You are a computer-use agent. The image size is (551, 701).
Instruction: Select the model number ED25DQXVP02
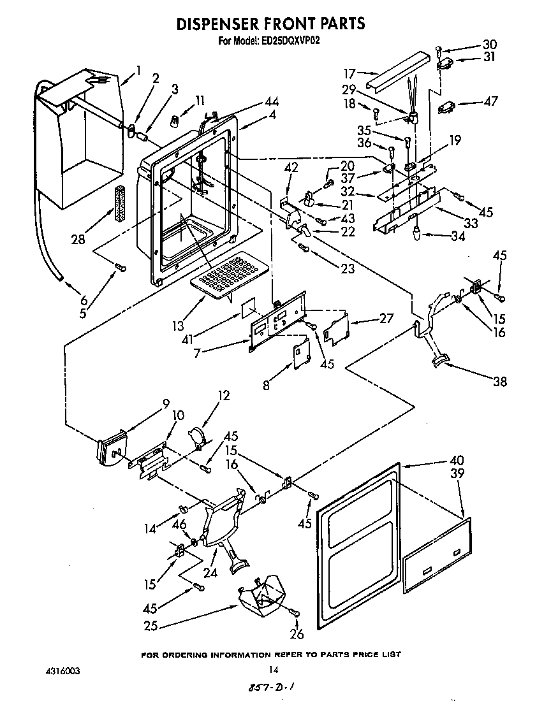pyautogui.click(x=291, y=41)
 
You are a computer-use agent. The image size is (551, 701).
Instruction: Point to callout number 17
pyautogui.click(x=350, y=73)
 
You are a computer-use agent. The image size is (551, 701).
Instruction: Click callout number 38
pyautogui.click(x=500, y=382)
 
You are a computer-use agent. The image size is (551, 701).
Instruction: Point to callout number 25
pyautogui.click(x=151, y=626)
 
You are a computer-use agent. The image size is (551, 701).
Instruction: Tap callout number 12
pyautogui.click(x=223, y=396)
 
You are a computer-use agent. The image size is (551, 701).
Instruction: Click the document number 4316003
pyautogui.click(x=63, y=672)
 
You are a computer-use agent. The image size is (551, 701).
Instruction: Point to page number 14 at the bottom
pyautogui.click(x=274, y=669)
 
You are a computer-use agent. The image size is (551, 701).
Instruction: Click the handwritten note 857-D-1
pyautogui.click(x=272, y=688)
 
